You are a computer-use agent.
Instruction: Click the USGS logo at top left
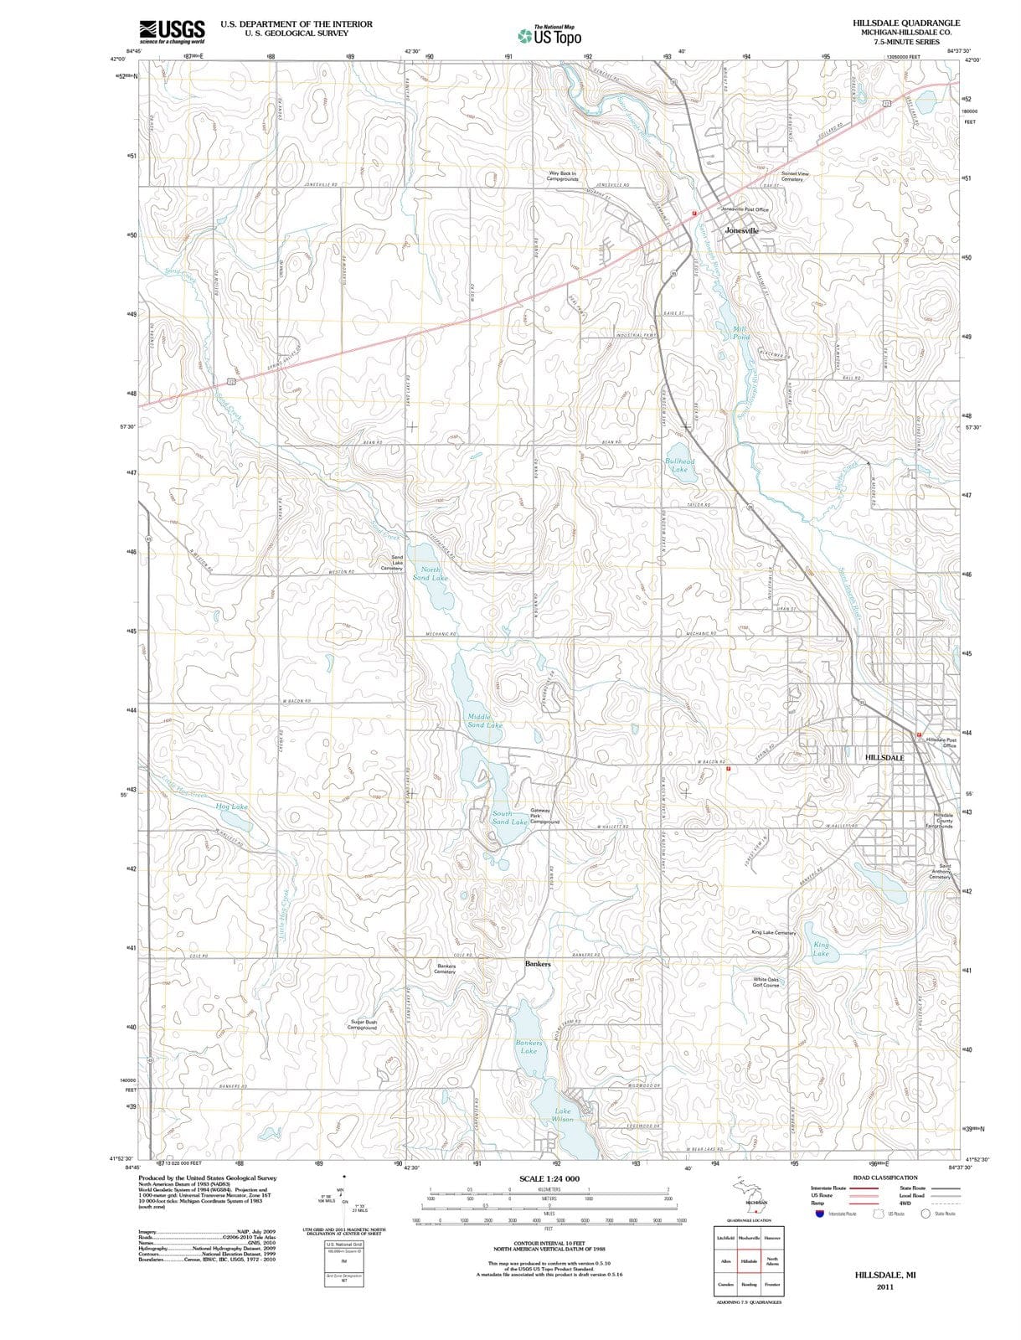(x=172, y=31)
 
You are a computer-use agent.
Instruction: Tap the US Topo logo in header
(x=549, y=36)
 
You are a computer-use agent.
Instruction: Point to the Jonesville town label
(x=741, y=229)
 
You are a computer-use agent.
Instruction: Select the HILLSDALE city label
(x=884, y=757)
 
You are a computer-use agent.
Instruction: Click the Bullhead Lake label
(x=679, y=466)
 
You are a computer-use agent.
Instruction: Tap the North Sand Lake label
(x=431, y=574)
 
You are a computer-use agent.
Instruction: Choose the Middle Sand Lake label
(x=484, y=721)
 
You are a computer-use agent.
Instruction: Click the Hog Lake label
(x=232, y=807)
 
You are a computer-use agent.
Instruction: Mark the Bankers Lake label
(x=529, y=1047)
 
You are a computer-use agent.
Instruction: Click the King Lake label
(x=821, y=949)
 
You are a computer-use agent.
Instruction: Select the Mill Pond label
(x=740, y=332)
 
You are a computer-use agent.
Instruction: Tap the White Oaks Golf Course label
(x=766, y=982)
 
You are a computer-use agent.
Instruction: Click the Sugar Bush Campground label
(x=363, y=1024)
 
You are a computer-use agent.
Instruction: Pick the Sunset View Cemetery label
(x=795, y=176)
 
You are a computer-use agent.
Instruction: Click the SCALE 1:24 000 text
(x=549, y=1178)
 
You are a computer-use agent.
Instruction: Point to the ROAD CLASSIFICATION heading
(x=884, y=1178)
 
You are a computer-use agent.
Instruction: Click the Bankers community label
(x=538, y=964)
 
